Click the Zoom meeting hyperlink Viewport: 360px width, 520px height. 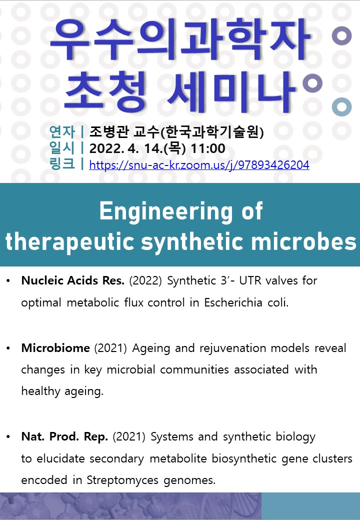[x=199, y=165]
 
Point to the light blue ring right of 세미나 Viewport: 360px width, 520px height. [x=342, y=107]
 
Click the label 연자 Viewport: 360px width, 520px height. [x=62, y=132]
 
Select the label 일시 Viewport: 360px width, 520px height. [x=62, y=148]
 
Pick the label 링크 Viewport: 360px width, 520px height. [x=62, y=164]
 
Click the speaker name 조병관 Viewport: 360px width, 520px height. [x=109, y=132]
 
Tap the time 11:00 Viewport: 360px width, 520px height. [x=208, y=148]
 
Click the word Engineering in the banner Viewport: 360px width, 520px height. [x=166, y=211]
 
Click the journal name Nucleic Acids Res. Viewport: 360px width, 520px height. [x=73, y=280]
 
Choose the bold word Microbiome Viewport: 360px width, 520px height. [x=55, y=348]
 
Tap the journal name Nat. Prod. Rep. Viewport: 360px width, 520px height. [x=64, y=436]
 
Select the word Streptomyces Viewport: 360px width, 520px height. [x=122, y=480]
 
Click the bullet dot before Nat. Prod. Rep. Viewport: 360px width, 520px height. [x=8, y=437]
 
